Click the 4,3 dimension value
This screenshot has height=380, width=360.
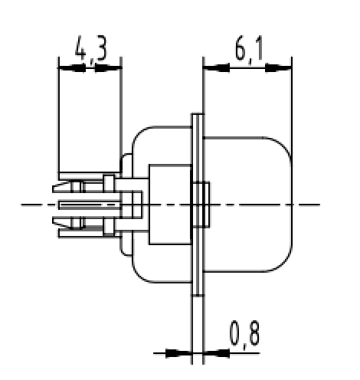pos(90,51)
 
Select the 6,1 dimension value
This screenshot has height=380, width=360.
pos(247,51)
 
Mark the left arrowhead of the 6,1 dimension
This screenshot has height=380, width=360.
pos(214,68)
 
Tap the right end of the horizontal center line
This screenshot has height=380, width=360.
pos(316,205)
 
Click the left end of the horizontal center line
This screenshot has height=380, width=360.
pos(25,205)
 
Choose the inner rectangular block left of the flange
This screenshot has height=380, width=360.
pos(169,205)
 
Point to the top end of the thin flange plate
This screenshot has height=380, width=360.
pos(196,116)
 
